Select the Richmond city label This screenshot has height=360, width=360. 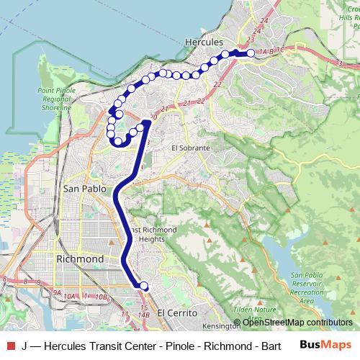point(80,258)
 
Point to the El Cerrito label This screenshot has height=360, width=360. point(173,312)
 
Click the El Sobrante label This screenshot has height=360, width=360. point(190,148)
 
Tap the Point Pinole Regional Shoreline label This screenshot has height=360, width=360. point(55,99)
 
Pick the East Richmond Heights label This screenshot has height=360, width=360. point(153,234)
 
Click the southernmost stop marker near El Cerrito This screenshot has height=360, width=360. point(143,286)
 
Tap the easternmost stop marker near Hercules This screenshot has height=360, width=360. point(251,53)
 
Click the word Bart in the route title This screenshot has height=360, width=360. point(275,346)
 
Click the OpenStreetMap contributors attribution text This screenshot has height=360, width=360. point(297,323)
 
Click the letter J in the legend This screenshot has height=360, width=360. point(24,346)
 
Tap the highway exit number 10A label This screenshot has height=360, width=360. point(69,295)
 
